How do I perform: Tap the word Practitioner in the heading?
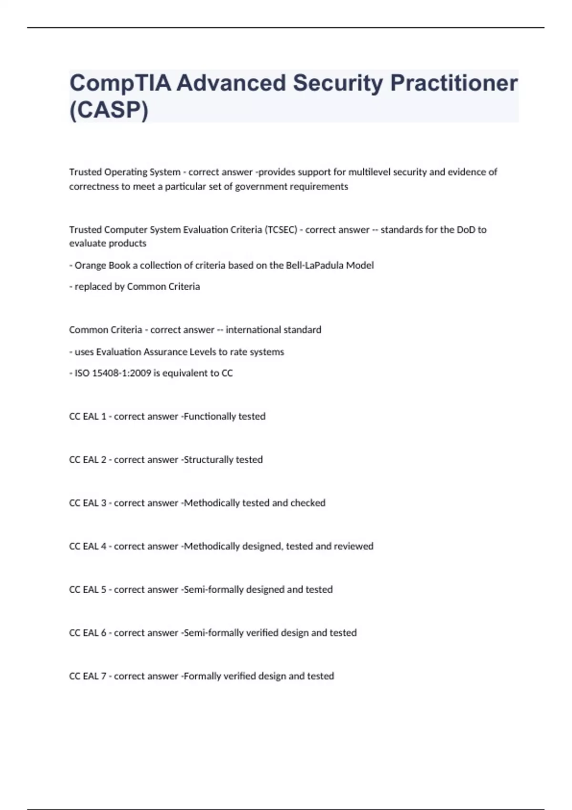[454, 83]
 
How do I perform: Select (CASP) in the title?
[109, 110]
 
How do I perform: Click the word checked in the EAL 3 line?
[308, 503]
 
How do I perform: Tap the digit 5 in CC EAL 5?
[103, 590]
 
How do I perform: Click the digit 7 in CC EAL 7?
[103, 676]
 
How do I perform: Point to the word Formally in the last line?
[201, 676]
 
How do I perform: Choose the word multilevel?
[369, 172]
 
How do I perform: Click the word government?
[259, 187]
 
